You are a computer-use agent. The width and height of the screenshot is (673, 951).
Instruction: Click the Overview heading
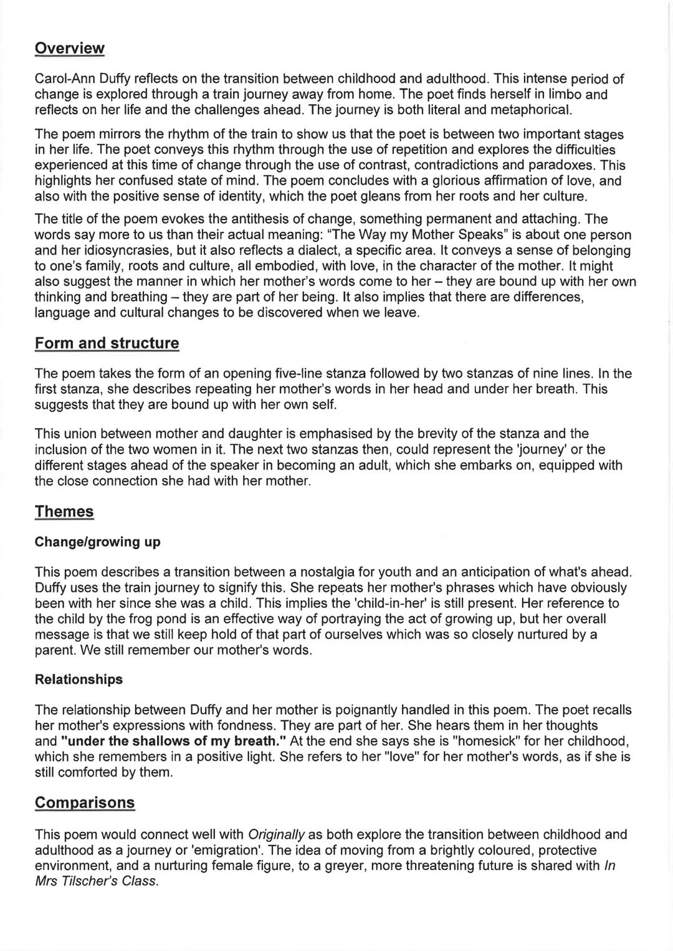pos(69,48)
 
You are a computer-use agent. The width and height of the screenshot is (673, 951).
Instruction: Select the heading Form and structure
pos(107,343)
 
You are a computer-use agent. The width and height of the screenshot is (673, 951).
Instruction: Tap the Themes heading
pos(64,512)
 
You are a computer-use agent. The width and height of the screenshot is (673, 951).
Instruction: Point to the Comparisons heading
pos(85,802)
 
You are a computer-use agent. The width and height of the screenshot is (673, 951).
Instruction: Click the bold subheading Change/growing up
pos(97,542)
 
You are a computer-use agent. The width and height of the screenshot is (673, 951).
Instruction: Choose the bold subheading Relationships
pos(79,679)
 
